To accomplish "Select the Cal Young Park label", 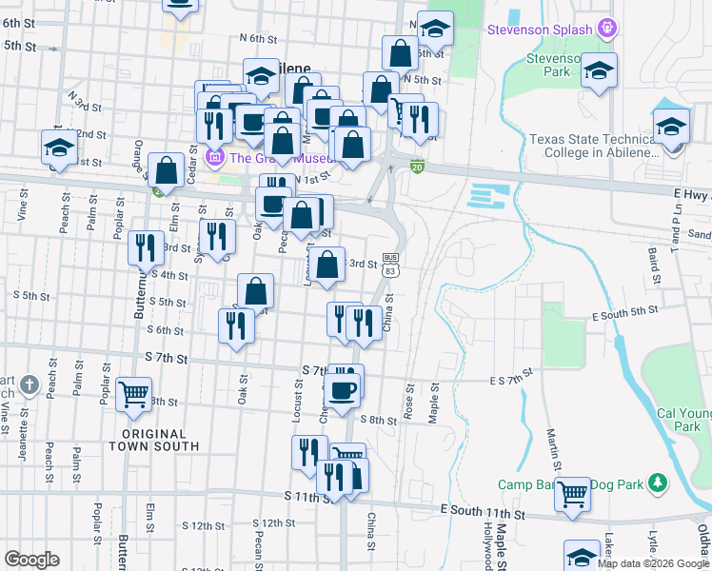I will tap(683, 420).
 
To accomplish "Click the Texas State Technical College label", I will tap(594, 146).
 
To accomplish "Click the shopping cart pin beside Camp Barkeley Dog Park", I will tap(573, 495).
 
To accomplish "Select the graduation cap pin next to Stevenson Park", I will tap(599, 70).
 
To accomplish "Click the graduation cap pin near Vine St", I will tap(59, 148).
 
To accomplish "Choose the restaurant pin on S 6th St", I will tap(236, 325).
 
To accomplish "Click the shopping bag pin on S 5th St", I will tap(255, 291).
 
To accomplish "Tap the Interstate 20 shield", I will tap(418, 167).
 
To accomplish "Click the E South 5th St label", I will tap(625, 312).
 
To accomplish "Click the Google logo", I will tap(31, 560).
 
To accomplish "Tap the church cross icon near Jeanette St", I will tap(30, 385).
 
